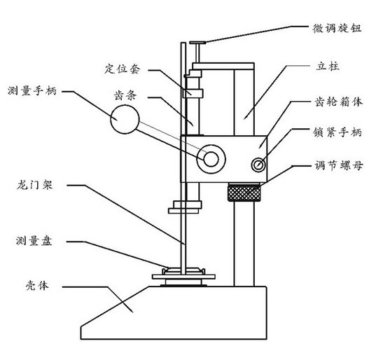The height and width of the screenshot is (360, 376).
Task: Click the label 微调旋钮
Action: tap(337, 28)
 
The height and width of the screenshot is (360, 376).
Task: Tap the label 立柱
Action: tap(328, 66)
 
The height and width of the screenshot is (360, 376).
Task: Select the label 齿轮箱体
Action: tap(338, 102)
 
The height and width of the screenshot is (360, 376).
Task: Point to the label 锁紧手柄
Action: tap(337, 132)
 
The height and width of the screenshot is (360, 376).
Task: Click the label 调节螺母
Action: tap(339, 165)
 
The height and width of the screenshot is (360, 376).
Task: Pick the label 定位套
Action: tap(122, 69)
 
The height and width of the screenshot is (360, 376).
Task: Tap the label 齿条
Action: tap(125, 95)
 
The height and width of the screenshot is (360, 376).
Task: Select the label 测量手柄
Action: tap(32, 90)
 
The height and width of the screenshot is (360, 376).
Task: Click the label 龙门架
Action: tap(35, 185)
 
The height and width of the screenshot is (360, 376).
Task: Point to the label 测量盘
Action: tap(34, 241)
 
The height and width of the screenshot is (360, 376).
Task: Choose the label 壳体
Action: tap(37, 286)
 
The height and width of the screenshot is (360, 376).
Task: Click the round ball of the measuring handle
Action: tap(125, 119)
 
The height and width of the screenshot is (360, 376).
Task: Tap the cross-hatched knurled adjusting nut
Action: tap(244, 192)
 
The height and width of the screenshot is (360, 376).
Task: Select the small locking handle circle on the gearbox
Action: tap(258, 165)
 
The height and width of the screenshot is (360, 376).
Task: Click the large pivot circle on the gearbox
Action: tap(211, 159)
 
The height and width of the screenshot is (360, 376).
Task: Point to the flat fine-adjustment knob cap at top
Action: tap(197, 43)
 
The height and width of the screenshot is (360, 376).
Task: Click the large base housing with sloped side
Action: tap(174, 313)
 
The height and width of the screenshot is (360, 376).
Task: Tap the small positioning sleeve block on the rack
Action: tap(193, 93)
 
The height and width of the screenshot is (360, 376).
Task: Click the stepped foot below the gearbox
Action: tap(185, 207)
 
